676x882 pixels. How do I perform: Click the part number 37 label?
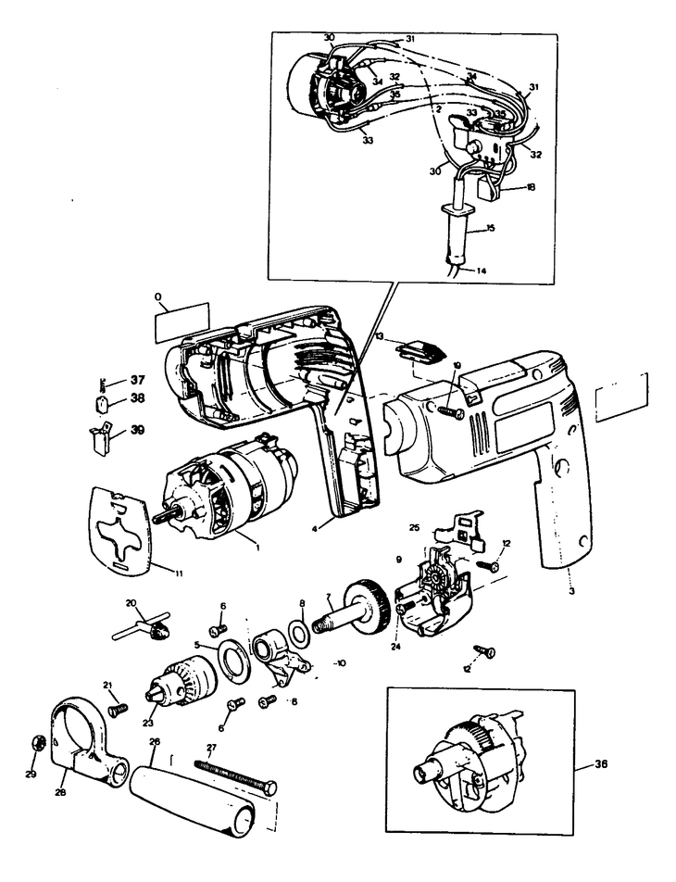point(138,380)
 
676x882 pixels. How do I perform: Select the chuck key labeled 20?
point(144,631)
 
